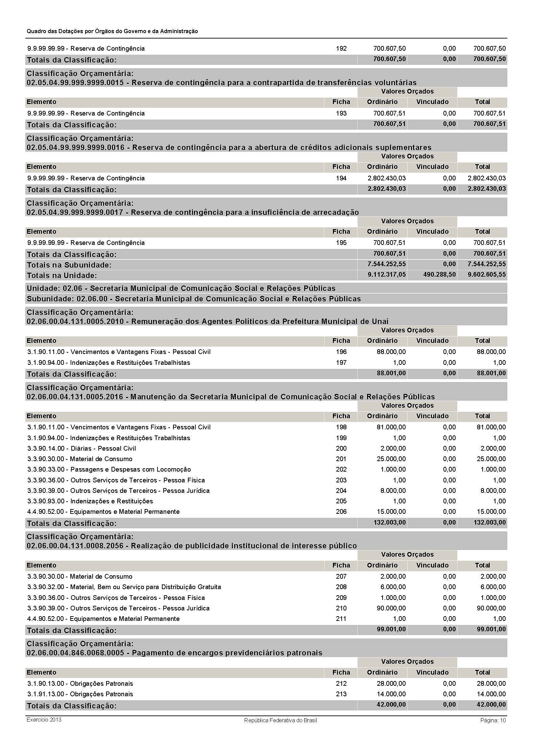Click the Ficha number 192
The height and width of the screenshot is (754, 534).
point(341,49)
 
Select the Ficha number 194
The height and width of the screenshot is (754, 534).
point(341,178)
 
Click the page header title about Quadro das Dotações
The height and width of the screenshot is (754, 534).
point(112,31)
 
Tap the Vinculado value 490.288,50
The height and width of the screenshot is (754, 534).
point(439,275)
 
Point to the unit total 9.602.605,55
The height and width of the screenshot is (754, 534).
point(487,275)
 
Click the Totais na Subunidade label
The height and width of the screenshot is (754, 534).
point(69,265)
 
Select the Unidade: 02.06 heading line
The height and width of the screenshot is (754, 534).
point(181,288)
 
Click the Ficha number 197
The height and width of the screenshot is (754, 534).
point(341,363)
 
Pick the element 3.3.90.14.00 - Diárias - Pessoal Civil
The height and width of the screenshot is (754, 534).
point(81,449)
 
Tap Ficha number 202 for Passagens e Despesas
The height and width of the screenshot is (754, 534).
point(341,470)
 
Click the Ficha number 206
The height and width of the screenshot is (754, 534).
point(341,512)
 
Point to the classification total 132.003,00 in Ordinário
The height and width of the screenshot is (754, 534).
point(389,523)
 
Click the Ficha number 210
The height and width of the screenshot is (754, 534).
point(341,608)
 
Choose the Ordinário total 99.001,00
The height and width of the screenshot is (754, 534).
point(391,629)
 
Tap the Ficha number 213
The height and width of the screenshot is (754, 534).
point(341,694)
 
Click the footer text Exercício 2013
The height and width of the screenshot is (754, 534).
point(44,720)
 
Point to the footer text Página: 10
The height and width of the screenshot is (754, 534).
point(493,720)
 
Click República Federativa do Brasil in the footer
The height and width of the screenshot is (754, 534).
point(281,720)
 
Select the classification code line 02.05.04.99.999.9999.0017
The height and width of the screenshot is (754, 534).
point(193,212)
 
